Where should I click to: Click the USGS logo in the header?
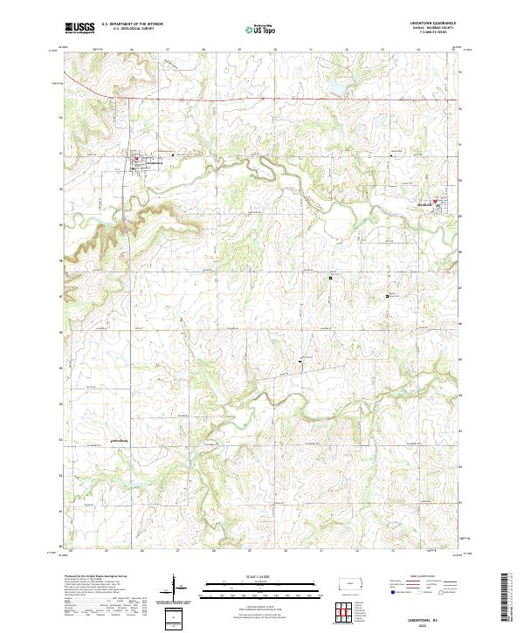79,28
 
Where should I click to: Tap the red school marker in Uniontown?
137,158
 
